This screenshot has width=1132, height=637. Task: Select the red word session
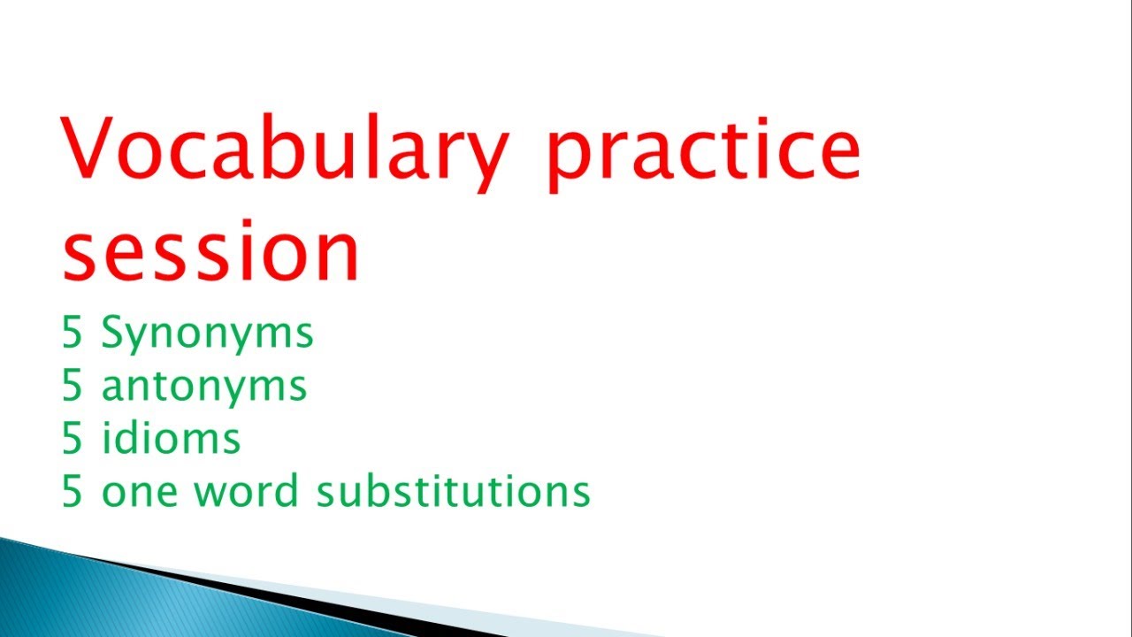(x=210, y=253)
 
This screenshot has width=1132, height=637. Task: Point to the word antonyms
(x=204, y=387)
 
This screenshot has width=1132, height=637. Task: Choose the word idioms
(x=171, y=438)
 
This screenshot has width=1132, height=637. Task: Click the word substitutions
(x=453, y=491)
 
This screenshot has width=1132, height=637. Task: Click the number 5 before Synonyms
(x=73, y=334)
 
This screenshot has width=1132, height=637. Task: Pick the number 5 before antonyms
(x=73, y=386)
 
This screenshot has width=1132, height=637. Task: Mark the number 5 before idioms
(x=73, y=438)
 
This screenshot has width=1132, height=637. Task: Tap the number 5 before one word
(x=73, y=491)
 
